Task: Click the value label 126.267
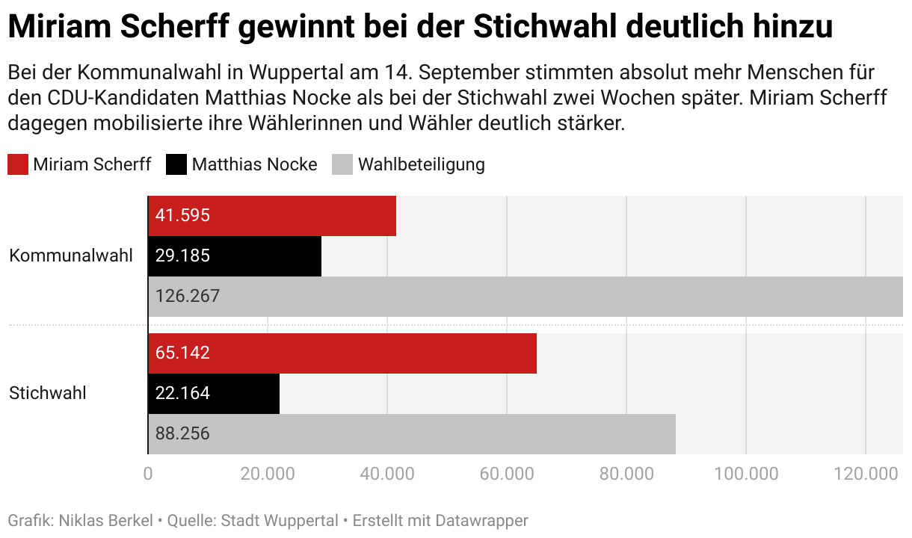(188, 297)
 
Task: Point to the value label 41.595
(182, 216)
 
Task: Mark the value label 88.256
(182, 433)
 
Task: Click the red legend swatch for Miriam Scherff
(18, 164)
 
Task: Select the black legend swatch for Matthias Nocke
(176, 164)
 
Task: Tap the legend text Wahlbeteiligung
(421, 164)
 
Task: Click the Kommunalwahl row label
(71, 256)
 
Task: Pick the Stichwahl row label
(48, 393)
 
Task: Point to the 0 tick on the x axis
(148, 474)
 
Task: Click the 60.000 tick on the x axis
(507, 474)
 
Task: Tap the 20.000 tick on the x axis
(268, 474)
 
